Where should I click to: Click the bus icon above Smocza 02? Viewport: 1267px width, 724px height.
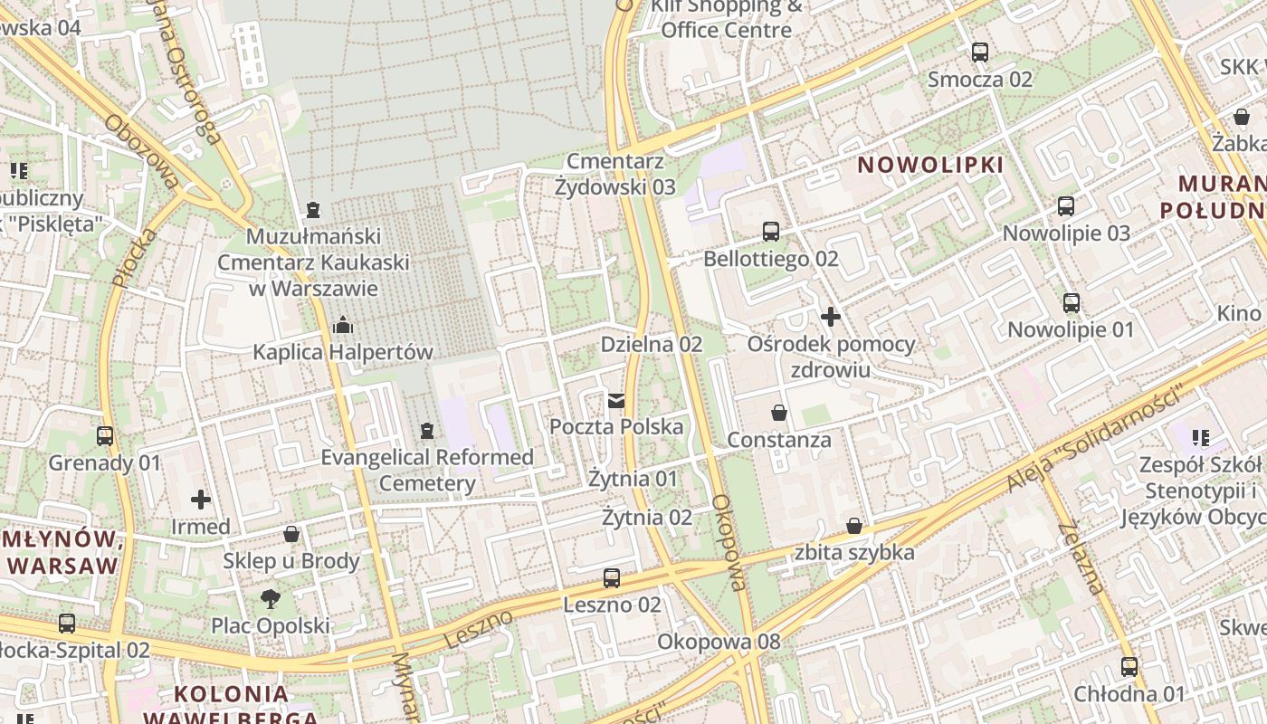coord(980,52)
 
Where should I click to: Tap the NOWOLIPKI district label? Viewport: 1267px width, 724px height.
coord(930,165)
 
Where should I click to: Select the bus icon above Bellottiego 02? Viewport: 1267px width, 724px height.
coord(771,231)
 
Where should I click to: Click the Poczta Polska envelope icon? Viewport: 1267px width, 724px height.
coord(616,400)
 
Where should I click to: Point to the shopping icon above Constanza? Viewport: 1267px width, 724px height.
coord(779,413)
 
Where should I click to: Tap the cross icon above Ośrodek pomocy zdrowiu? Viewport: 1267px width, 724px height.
coord(830,317)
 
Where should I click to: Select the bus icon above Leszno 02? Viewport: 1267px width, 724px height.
coord(612,577)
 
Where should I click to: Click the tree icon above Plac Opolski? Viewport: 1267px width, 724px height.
coord(270,598)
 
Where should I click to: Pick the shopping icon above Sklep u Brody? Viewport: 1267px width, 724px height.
coord(291,534)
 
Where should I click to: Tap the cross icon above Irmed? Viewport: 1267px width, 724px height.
coord(201,499)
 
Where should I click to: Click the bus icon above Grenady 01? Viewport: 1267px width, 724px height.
coord(105,436)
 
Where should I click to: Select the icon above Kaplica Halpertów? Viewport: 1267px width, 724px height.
coord(343,324)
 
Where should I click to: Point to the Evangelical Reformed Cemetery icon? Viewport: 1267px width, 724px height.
coord(427,431)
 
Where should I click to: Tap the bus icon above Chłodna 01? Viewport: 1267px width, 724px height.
coord(1129,667)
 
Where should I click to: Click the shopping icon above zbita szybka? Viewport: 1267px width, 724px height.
coord(854,525)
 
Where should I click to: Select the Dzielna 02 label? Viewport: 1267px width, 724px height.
coord(652,344)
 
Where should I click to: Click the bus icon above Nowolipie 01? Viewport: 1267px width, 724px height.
coord(1072,302)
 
